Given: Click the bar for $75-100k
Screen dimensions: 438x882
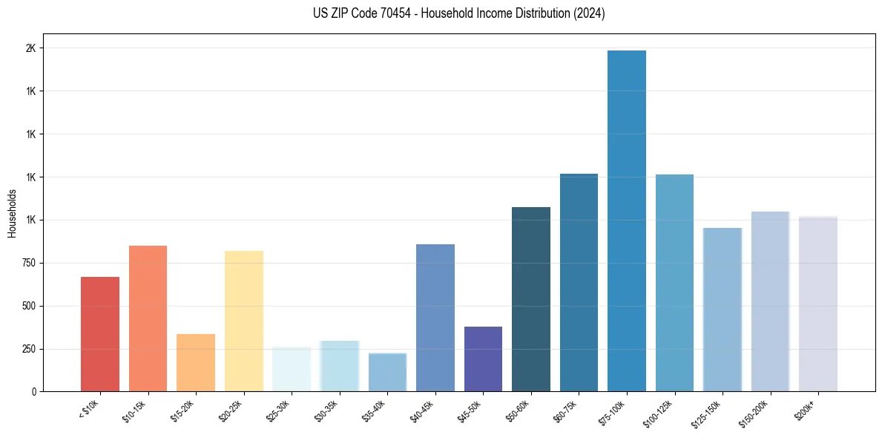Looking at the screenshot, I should click(x=626, y=220).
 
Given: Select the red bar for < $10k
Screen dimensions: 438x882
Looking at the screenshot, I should click(x=100, y=334).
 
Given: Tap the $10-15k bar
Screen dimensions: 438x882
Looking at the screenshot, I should click(x=148, y=318).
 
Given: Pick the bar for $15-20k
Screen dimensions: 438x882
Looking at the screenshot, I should click(x=196, y=363).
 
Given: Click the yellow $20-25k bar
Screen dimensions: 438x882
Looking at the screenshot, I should click(x=244, y=321).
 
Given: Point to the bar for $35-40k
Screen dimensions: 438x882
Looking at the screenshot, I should click(x=387, y=372).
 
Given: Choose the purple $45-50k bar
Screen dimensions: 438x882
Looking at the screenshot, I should click(x=483, y=359).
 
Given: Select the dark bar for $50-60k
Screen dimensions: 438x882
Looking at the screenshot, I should click(x=531, y=299).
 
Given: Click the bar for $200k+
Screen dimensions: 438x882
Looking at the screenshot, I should click(x=818, y=304).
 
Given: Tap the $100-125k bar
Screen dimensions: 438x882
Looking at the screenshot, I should click(x=674, y=283).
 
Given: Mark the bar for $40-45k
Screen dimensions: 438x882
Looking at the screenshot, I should click(x=435, y=318).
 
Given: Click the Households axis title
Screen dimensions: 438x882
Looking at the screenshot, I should click(x=13, y=213).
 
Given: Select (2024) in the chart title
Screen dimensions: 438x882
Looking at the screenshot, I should click(x=589, y=13).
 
